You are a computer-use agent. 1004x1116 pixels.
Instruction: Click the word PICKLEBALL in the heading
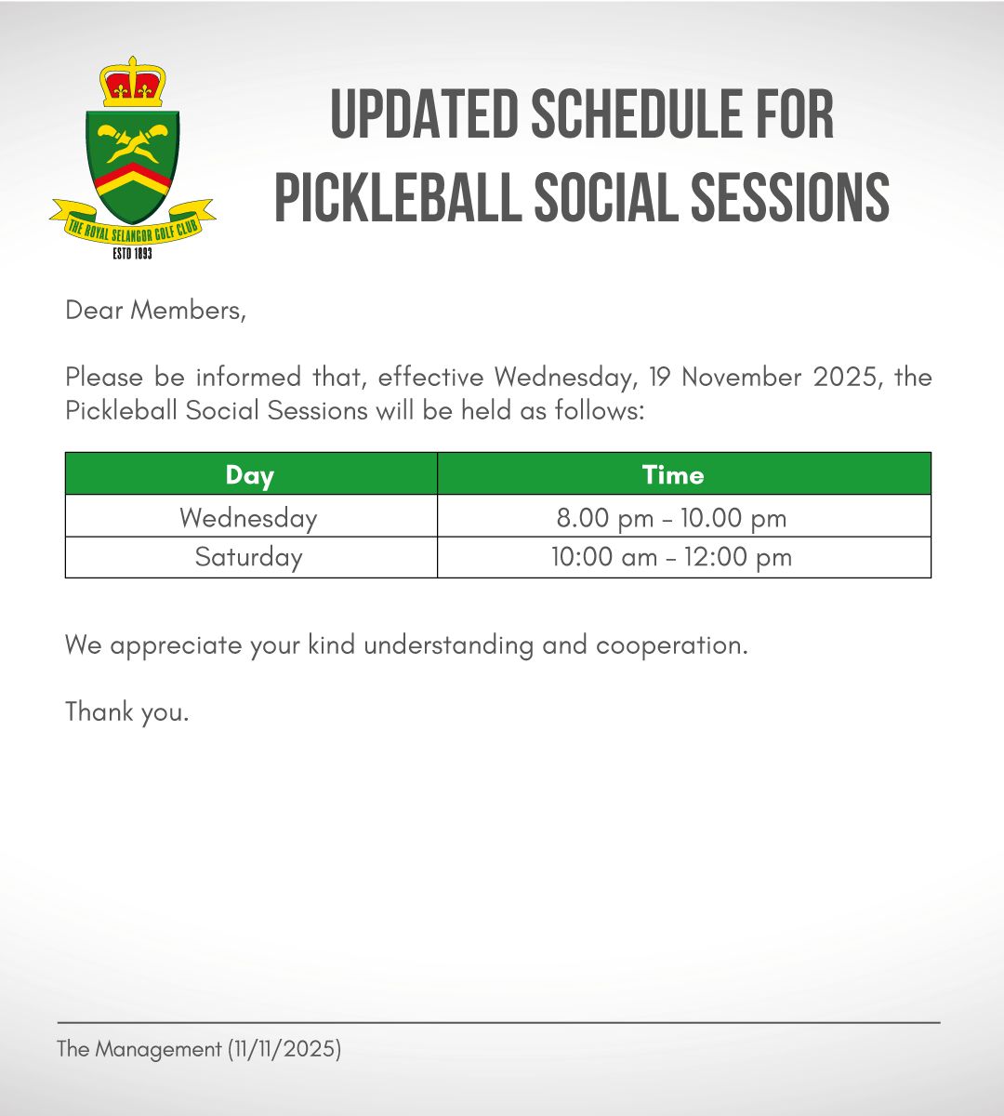click(398, 197)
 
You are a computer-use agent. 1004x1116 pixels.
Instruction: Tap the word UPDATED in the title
click(424, 113)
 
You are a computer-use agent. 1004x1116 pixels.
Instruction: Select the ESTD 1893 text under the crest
click(132, 254)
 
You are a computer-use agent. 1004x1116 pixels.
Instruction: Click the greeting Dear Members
click(156, 310)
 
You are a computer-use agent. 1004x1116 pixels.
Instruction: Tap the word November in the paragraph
click(742, 378)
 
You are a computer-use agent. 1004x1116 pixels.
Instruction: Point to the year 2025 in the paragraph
click(848, 378)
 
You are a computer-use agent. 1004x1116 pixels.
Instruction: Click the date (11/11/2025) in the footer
click(284, 1049)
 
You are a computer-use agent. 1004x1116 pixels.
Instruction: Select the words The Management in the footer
click(139, 1049)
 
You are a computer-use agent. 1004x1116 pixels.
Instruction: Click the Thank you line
click(127, 711)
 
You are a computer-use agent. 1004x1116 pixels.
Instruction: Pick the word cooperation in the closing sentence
click(672, 645)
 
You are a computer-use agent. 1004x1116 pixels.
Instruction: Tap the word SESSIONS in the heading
click(790, 197)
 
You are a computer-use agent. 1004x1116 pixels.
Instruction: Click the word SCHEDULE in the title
click(637, 113)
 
